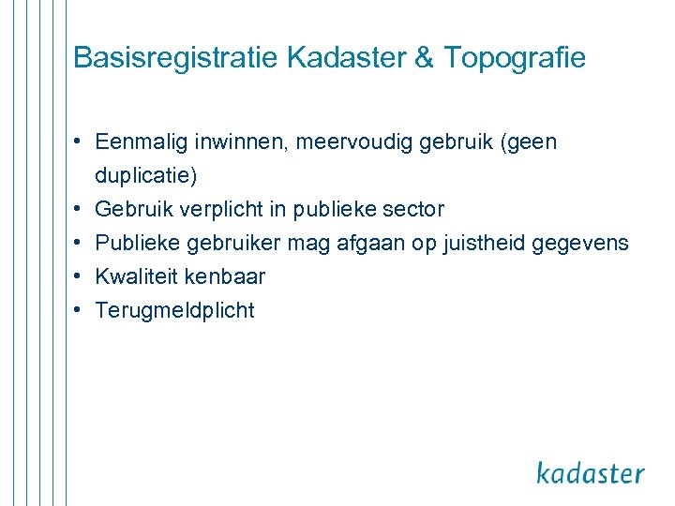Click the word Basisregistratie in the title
(x=175, y=58)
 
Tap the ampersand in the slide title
(x=424, y=58)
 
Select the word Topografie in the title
(x=515, y=58)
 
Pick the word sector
(x=414, y=209)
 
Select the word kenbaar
(x=225, y=276)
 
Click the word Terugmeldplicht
(x=175, y=310)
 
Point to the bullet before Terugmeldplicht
(x=82, y=310)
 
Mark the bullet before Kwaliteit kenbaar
(x=82, y=276)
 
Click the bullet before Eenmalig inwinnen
(x=82, y=141)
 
